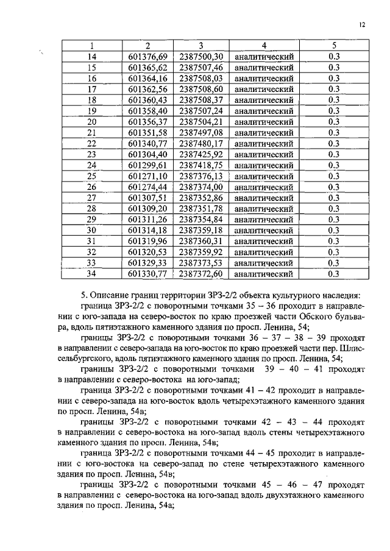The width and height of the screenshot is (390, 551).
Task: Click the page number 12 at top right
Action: (362, 25)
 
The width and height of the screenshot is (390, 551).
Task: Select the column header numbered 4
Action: (264, 46)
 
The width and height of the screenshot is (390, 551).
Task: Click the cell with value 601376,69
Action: (147, 57)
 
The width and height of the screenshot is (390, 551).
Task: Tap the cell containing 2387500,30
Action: (201, 57)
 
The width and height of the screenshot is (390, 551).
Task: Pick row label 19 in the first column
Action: (93, 111)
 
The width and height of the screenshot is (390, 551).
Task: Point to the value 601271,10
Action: (147, 176)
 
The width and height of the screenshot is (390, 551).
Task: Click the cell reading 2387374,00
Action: (201, 187)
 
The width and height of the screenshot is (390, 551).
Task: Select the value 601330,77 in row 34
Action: (147, 274)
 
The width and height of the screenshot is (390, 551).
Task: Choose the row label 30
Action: (93, 230)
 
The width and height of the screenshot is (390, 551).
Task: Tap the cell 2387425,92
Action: (201, 154)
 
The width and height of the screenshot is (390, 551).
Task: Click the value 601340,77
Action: (147, 144)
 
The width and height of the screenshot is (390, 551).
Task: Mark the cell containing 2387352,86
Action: (201, 198)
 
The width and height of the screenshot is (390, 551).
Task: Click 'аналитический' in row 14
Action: (264, 57)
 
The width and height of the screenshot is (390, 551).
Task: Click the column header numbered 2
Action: (147, 46)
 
